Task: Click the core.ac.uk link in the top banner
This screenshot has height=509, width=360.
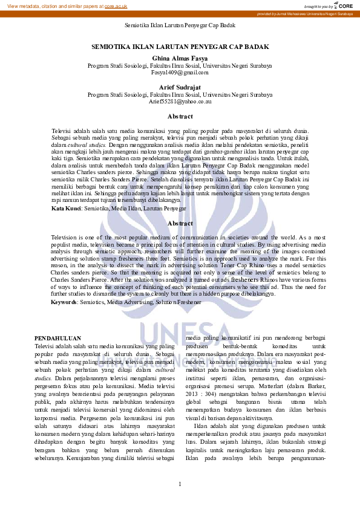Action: point(116,6)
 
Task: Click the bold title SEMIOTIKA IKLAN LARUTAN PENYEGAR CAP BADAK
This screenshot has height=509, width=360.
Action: point(180,46)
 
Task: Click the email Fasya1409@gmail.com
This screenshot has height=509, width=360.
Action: point(180,72)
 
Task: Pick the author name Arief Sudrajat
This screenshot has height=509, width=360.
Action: point(180,87)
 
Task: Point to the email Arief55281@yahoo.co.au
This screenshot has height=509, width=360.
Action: point(180,102)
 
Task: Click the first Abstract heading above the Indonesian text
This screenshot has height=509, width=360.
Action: point(180,116)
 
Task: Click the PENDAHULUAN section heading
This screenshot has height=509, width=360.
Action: point(58,338)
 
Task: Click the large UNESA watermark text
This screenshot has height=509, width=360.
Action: point(180,333)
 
